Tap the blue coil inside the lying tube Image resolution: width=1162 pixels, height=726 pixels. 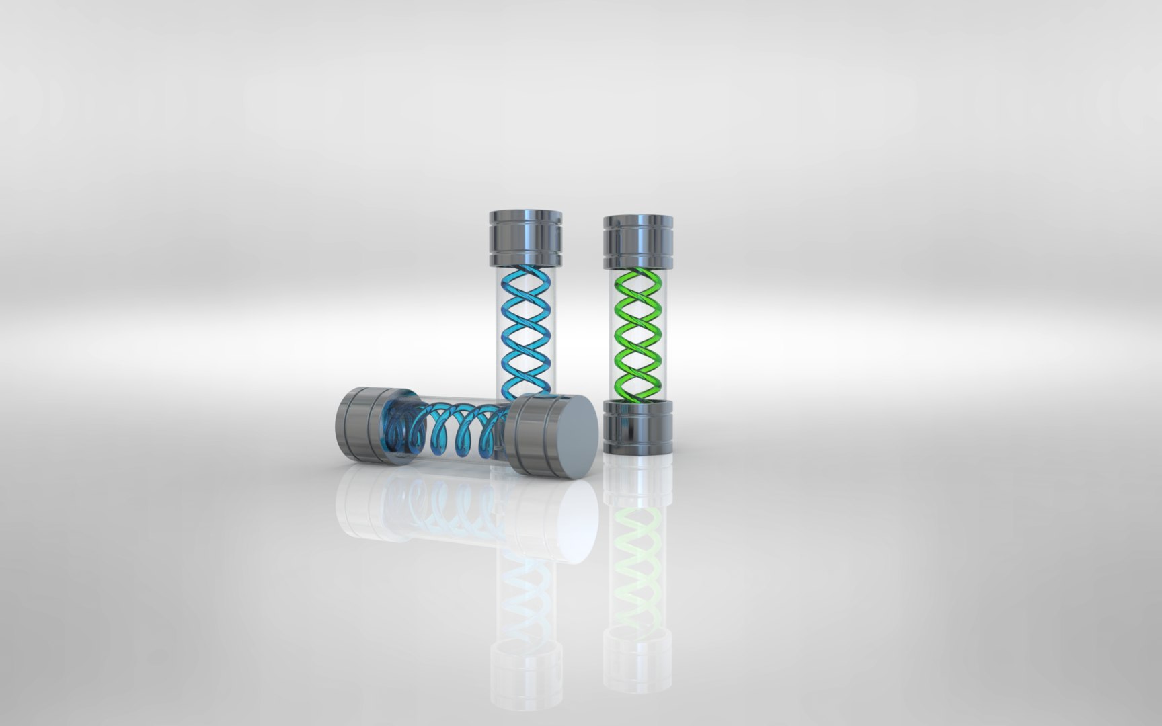457,430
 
